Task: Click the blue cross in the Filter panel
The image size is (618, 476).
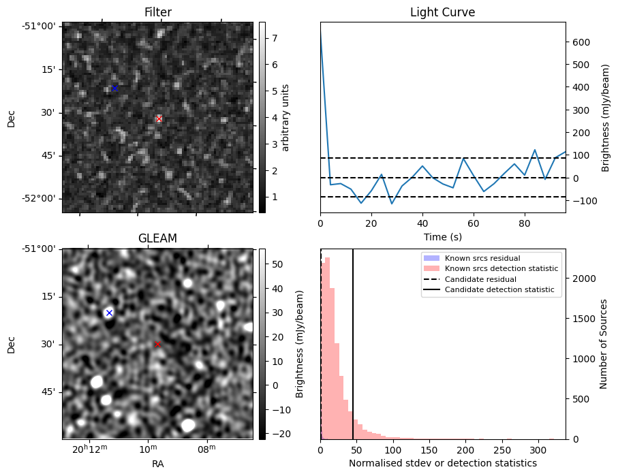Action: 114,88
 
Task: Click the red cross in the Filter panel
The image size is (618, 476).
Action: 159,119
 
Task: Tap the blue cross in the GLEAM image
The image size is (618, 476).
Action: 109,313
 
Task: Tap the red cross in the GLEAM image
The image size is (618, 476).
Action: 157,345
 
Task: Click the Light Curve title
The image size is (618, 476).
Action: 442,12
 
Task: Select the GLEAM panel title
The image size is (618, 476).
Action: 157,238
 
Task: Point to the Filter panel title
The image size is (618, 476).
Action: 157,12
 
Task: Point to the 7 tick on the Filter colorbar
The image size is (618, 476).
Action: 271,38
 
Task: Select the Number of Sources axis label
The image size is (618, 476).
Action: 604,343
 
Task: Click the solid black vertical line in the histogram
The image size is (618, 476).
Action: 353,340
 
